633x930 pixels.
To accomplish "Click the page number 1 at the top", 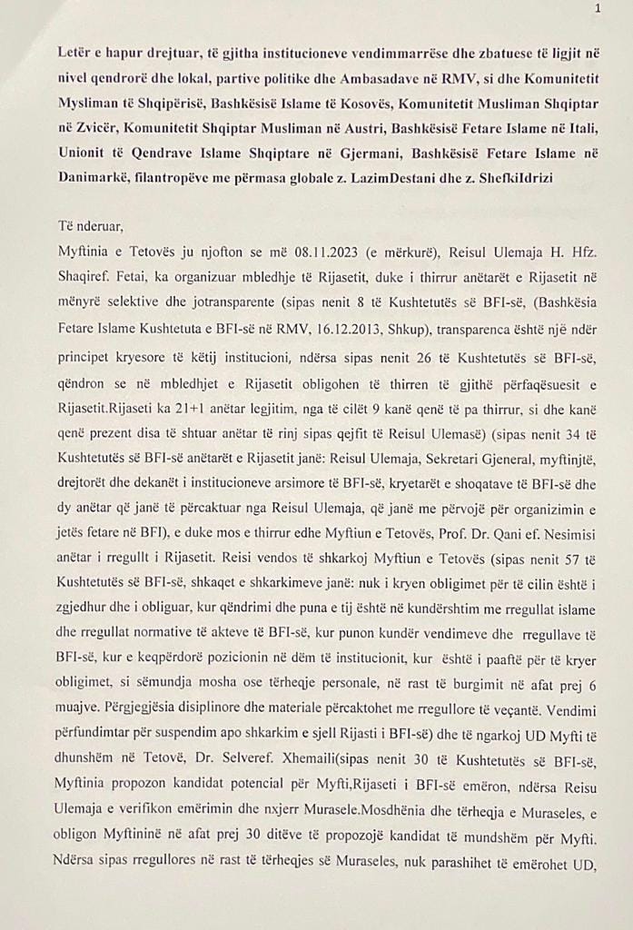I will [x=597, y=9].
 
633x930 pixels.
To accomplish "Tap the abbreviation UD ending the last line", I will [x=583, y=871].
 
